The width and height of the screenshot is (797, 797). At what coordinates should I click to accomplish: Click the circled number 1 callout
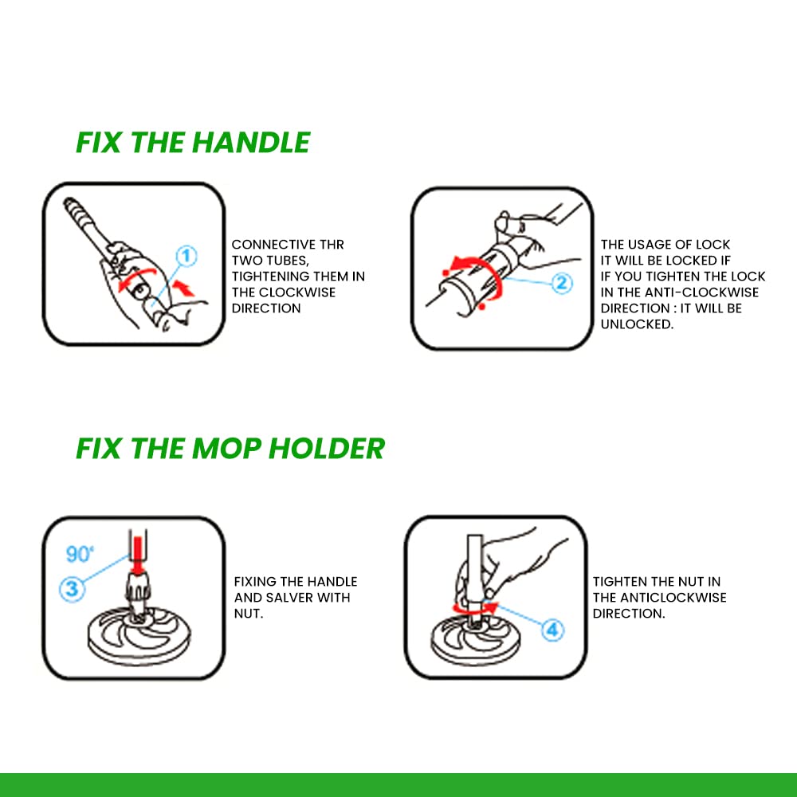pos(186,256)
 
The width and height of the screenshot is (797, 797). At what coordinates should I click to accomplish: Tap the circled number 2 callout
pos(562,283)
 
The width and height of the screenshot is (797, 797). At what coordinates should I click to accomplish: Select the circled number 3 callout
pos(72,589)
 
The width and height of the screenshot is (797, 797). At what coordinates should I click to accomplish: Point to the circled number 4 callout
pos(552,630)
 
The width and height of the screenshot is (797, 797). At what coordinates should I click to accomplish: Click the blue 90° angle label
pos(80,554)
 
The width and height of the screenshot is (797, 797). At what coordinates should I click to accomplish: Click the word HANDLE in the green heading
pos(251,143)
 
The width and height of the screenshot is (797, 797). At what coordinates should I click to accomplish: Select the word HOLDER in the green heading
pos(326,448)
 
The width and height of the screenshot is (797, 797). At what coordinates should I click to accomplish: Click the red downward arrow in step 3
pos(137,555)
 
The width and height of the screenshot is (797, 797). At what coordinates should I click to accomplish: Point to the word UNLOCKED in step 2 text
pos(637,324)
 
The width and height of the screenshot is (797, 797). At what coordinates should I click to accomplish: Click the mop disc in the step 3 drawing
pos(139,636)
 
